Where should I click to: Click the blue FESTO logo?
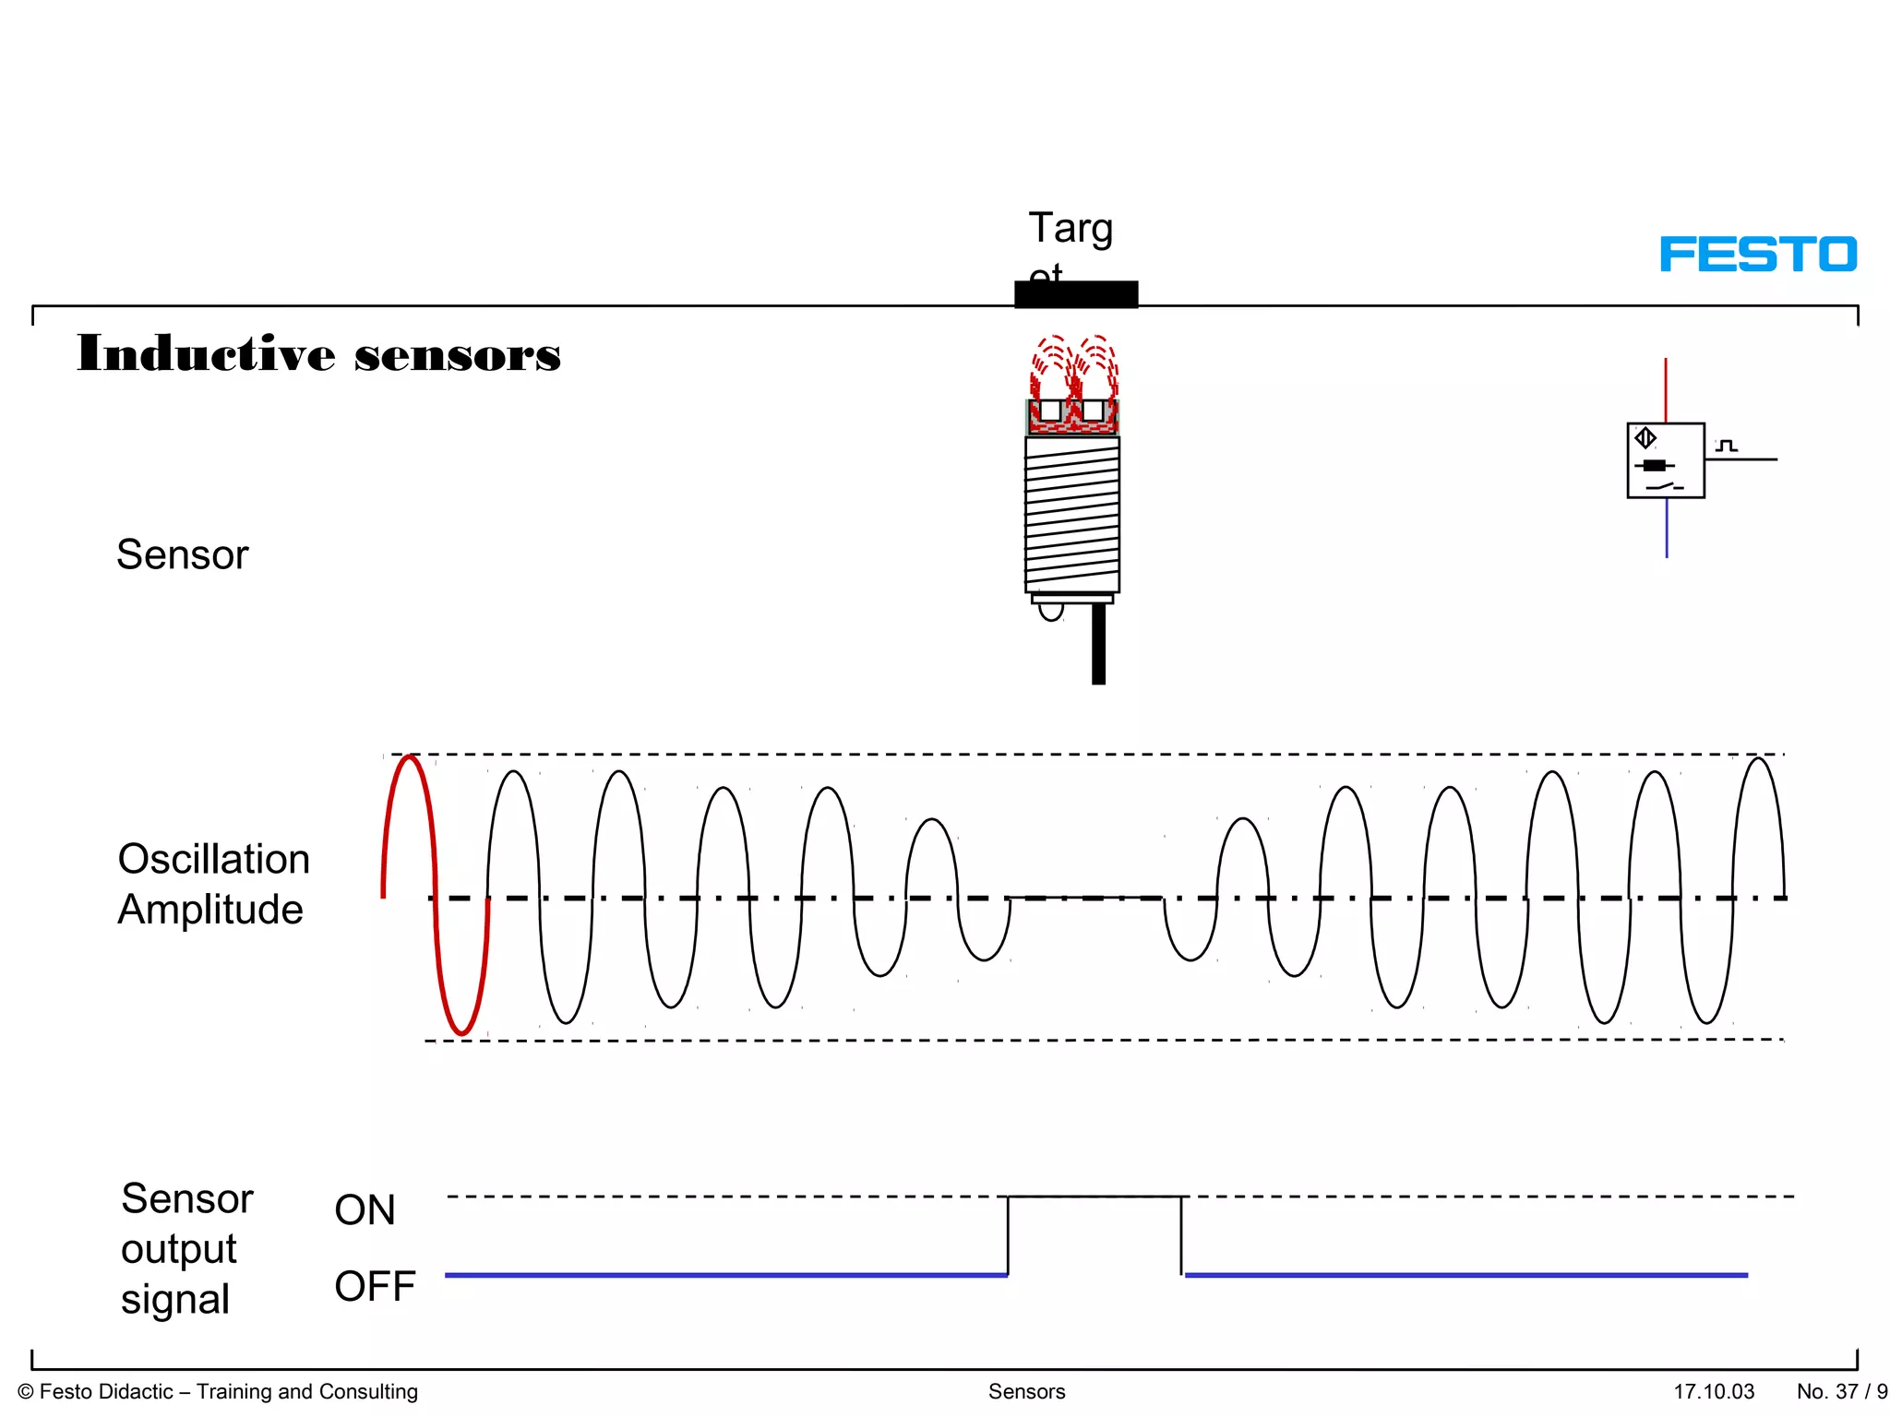click(x=1757, y=254)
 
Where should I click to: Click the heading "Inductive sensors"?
click(x=318, y=354)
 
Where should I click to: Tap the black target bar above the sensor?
click(x=1076, y=294)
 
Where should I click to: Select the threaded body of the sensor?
click(x=1072, y=515)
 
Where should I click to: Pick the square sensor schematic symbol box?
click(x=1665, y=460)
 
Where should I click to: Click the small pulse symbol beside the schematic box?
click(x=1727, y=446)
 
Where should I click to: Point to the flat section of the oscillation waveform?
click(x=1085, y=897)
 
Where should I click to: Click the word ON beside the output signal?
click(x=365, y=1209)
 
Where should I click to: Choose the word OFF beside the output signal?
click(x=375, y=1286)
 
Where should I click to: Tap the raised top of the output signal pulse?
click(x=1094, y=1197)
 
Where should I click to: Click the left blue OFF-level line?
click(x=725, y=1275)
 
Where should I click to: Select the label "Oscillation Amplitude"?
click(x=213, y=884)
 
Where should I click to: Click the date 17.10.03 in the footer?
click(x=1714, y=1391)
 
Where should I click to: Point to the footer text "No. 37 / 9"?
click(x=1841, y=1391)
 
